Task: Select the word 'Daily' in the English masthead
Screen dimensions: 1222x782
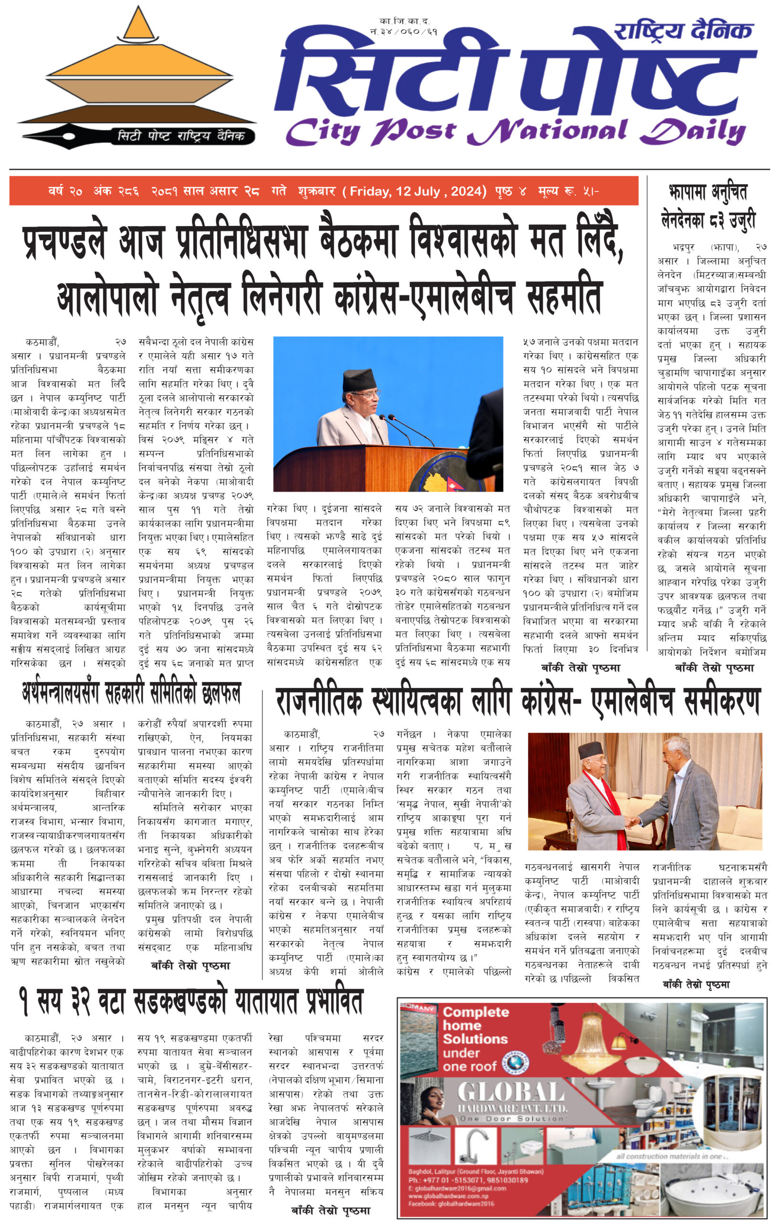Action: (693, 131)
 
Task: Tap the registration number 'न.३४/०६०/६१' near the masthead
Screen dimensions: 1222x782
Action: (404, 32)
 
